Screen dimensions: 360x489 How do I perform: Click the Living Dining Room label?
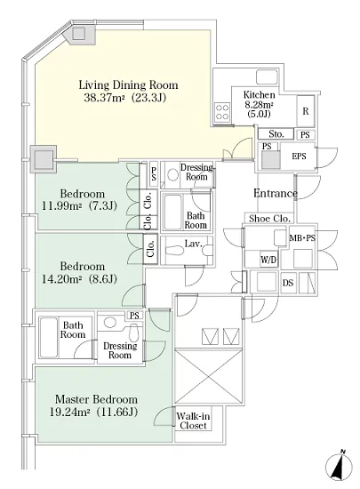pyautogui.click(x=128, y=84)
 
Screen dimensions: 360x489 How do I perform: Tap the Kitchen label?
pyautogui.click(x=259, y=94)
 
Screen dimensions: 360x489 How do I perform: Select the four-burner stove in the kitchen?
pyautogui.click(x=222, y=113)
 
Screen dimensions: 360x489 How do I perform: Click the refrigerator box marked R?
pyautogui.click(x=306, y=111)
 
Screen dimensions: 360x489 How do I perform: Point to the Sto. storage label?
pyautogui.click(x=276, y=134)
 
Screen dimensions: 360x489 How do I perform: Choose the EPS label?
pyautogui.click(x=299, y=156)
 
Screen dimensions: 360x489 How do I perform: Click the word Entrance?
pyautogui.click(x=276, y=193)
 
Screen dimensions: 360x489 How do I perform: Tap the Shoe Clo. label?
pyautogui.click(x=269, y=219)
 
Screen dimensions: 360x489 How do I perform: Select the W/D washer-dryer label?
pyautogui.click(x=268, y=260)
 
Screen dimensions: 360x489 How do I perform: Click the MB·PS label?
pyautogui.click(x=302, y=238)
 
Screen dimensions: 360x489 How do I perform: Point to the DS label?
pyautogui.click(x=288, y=283)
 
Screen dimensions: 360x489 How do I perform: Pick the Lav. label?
pyautogui.click(x=193, y=244)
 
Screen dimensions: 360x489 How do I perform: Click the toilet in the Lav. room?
pyautogui.click(x=173, y=251)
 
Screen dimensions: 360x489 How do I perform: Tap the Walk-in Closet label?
pyautogui.click(x=193, y=421)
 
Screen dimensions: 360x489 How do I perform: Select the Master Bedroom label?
pyautogui.click(x=96, y=399)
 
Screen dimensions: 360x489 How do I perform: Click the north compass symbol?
pyautogui.click(x=340, y=467)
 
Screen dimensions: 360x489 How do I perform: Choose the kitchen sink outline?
pyautogui.click(x=267, y=76)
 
